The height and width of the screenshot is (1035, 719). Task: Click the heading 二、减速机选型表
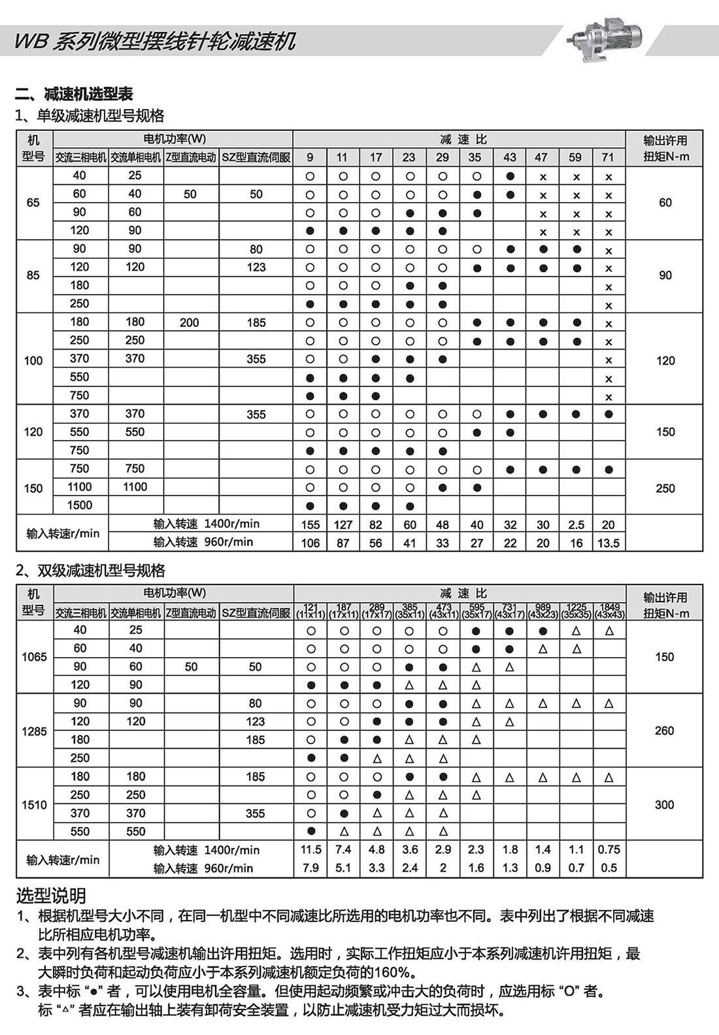pos(74,94)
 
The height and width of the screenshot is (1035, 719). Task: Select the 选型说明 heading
pos(51,896)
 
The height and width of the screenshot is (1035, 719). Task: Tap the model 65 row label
pos(33,203)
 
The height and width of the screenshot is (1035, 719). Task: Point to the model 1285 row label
pos(34,731)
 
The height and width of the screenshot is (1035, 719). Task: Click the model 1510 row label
pos(34,805)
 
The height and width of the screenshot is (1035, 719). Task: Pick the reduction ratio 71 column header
pos(608,157)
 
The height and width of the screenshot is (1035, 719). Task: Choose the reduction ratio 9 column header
pos(310,157)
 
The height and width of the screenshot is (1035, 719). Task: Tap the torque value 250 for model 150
pos(665,488)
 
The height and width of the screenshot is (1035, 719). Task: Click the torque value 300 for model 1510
pos(664,805)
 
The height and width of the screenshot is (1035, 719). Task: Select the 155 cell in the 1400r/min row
pos(310,524)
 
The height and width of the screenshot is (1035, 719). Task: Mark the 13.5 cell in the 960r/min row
pos(608,543)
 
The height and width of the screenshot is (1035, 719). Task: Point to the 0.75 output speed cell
pos(609,849)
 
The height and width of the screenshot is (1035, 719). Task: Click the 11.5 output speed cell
pos(311,849)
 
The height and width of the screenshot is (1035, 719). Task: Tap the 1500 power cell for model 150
pos(80,505)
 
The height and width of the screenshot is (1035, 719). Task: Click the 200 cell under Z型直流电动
pos(190,322)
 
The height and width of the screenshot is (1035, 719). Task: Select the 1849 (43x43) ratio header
pos(609,611)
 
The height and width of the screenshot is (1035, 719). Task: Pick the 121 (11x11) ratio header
pos(310,611)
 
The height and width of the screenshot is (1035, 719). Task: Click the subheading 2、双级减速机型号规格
pos(90,571)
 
